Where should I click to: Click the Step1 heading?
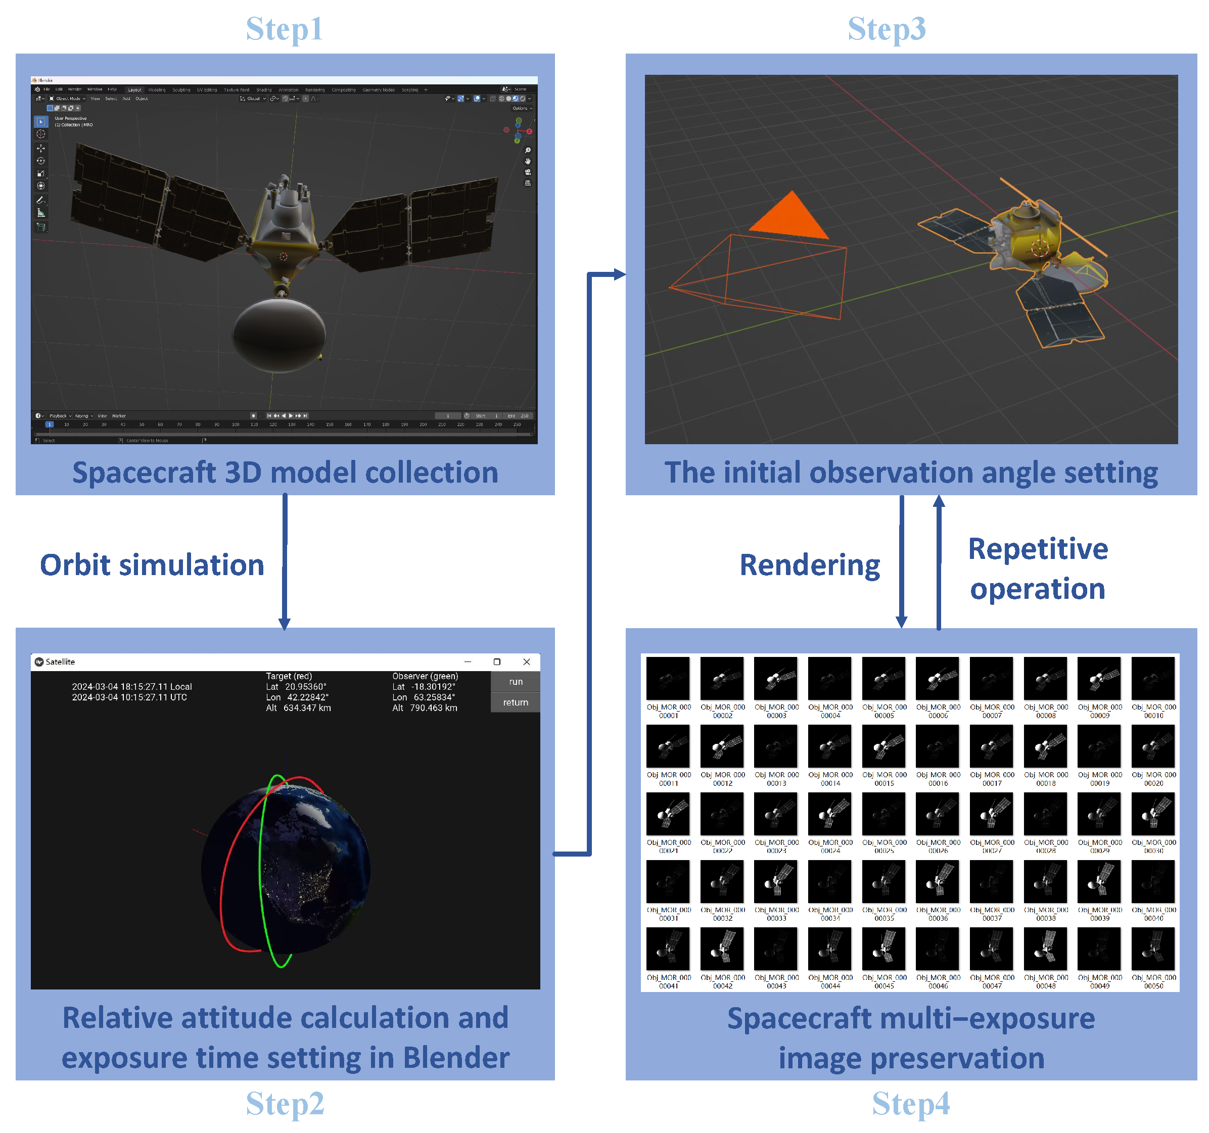(284, 29)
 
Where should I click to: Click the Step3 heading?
(886, 29)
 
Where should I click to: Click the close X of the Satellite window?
(526, 662)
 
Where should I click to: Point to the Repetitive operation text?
(1038, 568)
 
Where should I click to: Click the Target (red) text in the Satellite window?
(289, 676)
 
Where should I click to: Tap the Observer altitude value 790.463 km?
(433, 708)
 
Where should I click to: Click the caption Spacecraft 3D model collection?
(285, 472)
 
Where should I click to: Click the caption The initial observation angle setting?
(910, 472)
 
